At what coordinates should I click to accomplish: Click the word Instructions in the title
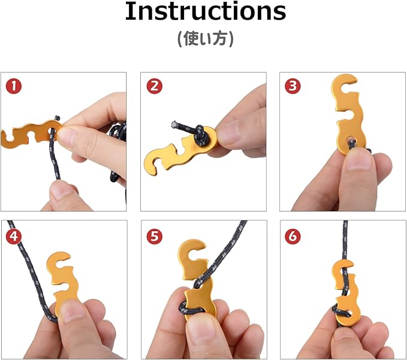tap(206, 11)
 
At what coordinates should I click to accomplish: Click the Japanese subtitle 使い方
tap(206, 39)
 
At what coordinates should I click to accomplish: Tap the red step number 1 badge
tap(14, 86)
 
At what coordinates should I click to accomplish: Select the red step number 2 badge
tap(155, 86)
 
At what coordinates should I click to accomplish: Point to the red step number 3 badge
tap(293, 86)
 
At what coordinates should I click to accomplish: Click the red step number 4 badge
tap(14, 237)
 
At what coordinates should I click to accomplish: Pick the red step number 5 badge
tap(155, 237)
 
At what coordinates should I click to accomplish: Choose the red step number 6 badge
tap(293, 237)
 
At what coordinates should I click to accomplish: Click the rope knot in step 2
tap(201, 133)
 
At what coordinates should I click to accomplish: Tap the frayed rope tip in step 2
tap(174, 124)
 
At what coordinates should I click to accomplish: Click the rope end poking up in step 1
tap(57, 118)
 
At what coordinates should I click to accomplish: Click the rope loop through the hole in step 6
tap(340, 312)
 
